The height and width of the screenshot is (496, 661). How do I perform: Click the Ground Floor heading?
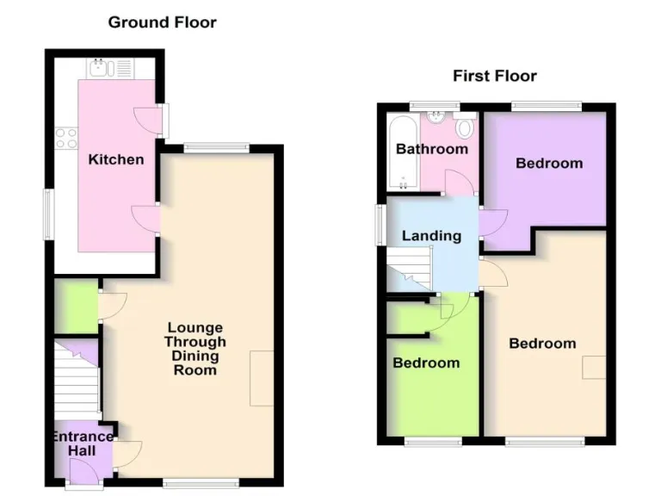(162, 22)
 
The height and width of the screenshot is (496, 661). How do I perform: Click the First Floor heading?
(495, 76)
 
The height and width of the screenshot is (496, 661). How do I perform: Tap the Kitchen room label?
(116, 159)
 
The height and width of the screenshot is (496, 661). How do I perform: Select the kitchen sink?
(101, 66)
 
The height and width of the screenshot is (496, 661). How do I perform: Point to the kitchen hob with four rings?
(66, 138)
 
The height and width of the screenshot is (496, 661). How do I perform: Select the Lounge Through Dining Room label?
(195, 349)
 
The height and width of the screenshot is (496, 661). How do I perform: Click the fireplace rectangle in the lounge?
(262, 378)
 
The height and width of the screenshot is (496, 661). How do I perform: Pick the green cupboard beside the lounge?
(76, 307)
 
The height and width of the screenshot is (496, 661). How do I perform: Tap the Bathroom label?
(431, 149)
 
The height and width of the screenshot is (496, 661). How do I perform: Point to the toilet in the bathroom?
(465, 129)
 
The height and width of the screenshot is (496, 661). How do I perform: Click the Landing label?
(432, 235)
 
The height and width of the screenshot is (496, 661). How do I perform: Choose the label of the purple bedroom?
(548, 163)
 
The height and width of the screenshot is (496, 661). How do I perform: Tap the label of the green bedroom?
(426, 363)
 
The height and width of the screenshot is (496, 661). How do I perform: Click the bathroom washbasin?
(438, 119)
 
